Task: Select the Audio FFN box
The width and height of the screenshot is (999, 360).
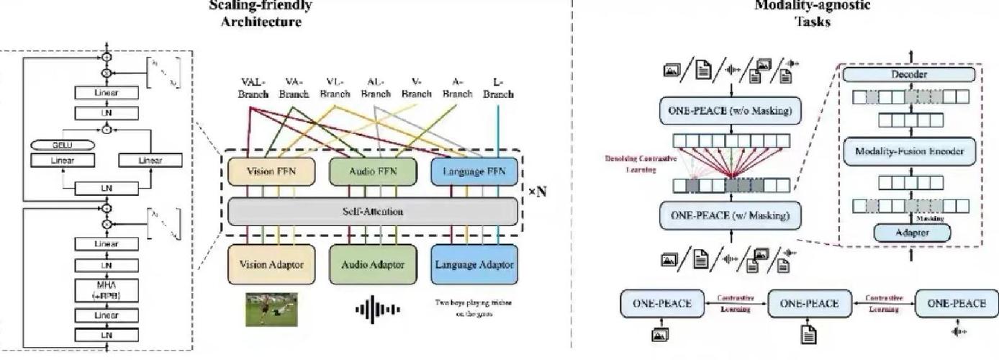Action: point(373,173)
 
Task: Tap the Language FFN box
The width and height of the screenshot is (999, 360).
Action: point(474,173)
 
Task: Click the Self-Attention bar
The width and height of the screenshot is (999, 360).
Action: point(373,212)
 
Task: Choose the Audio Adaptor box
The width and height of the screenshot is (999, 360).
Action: point(373,264)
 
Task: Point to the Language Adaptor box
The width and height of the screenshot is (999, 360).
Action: point(474,264)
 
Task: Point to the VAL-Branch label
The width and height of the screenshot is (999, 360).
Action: point(253,89)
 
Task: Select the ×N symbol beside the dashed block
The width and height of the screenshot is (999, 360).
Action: point(536,192)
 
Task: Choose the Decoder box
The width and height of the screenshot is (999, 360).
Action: point(909,74)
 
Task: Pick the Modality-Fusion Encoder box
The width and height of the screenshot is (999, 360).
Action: point(909,151)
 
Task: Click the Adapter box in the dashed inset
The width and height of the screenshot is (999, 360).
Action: point(911,233)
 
